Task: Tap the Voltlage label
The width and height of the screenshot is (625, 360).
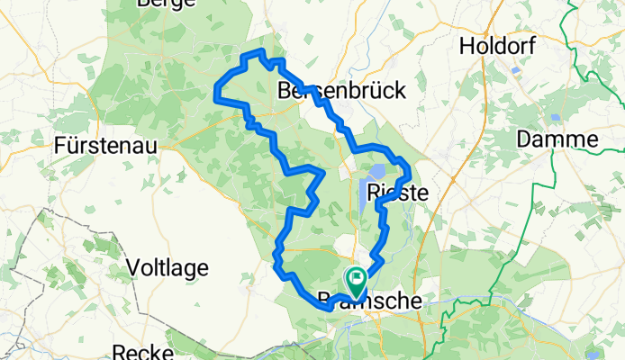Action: (x=168, y=267)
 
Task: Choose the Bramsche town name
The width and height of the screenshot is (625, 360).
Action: (x=370, y=301)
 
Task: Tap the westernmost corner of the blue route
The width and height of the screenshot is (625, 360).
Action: (x=215, y=88)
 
